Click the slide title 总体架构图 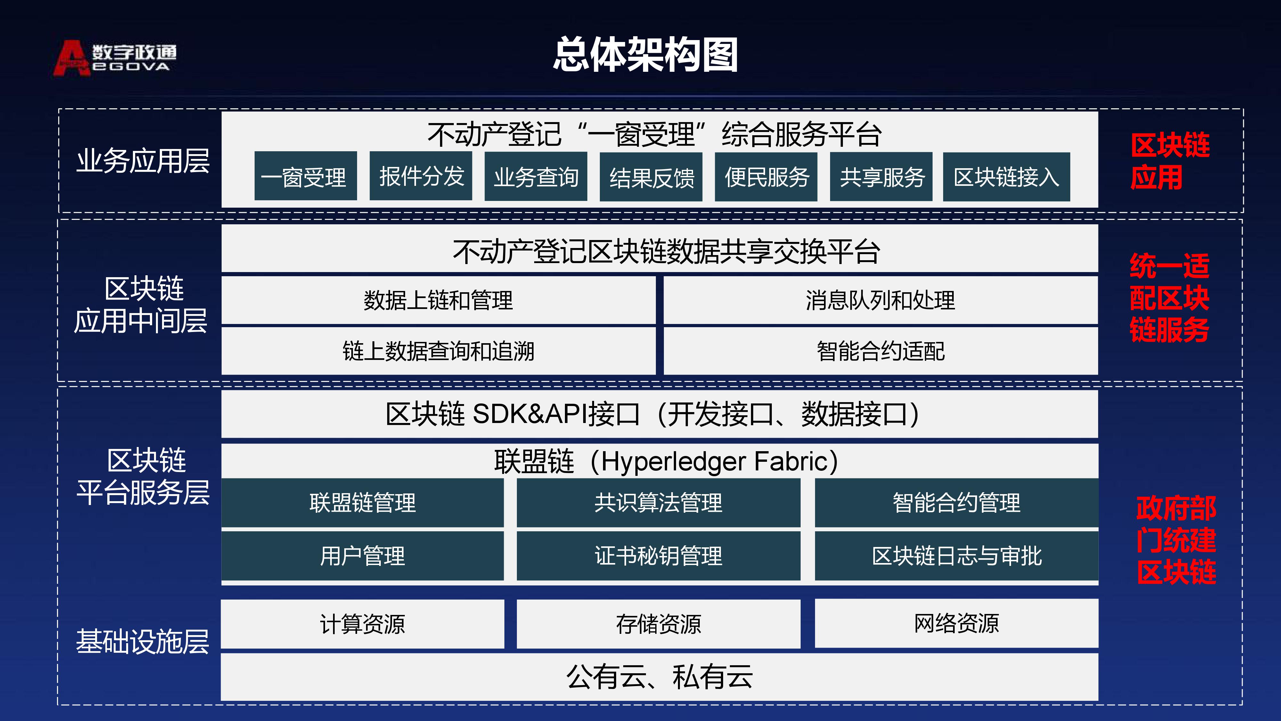(x=646, y=54)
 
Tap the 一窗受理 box (x=305, y=176)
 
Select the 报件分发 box (x=421, y=176)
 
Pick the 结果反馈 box (x=651, y=177)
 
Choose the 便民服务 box (x=766, y=177)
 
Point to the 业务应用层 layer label (x=143, y=161)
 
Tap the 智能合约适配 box (x=881, y=351)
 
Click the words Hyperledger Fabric (x=714, y=461)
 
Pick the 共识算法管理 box (x=658, y=502)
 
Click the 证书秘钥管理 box (x=658, y=555)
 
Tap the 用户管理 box (x=363, y=555)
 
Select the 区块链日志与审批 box (x=956, y=555)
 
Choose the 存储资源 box (x=658, y=624)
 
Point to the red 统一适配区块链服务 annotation (x=1169, y=298)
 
